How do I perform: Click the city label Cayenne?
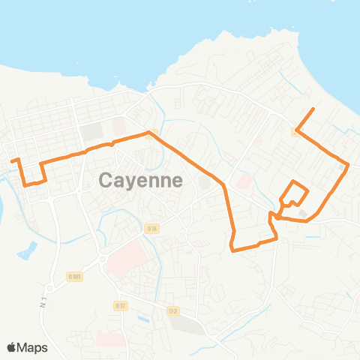tap(141, 180)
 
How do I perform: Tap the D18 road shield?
tap(152, 229)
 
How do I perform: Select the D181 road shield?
tap(73, 277)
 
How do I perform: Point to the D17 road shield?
tap(121, 306)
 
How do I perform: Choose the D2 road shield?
tap(173, 310)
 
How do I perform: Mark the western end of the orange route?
tap(10, 159)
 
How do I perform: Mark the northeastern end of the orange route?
tap(313, 110)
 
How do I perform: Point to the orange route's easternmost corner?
tap(349, 165)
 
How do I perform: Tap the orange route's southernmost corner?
tap(234, 249)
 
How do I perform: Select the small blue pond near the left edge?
tap(27, 250)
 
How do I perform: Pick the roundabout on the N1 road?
tap(49, 289)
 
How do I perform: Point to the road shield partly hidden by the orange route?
tap(296, 131)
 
